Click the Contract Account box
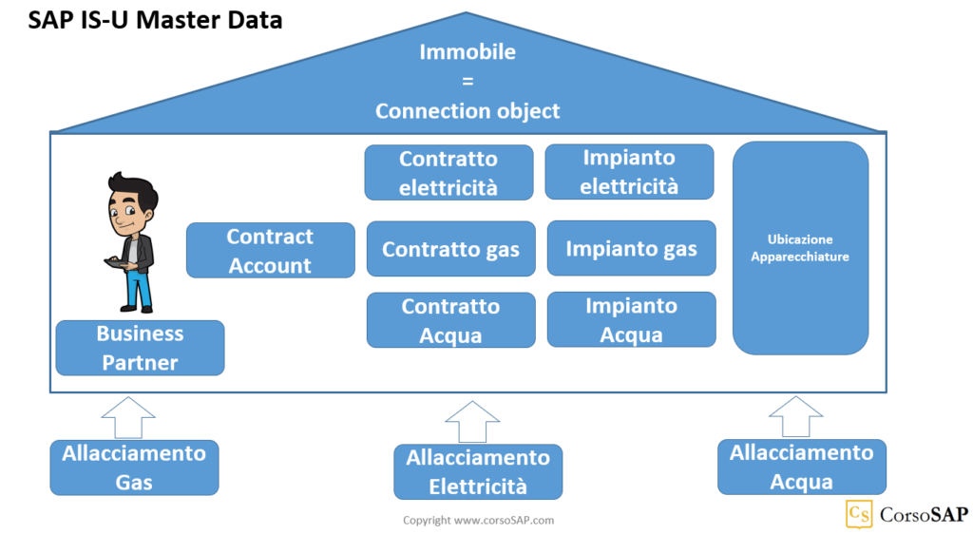click(x=270, y=251)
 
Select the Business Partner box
click(x=140, y=348)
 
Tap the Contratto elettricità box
click(x=448, y=173)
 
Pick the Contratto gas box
click(x=450, y=249)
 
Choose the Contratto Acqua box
click(x=450, y=320)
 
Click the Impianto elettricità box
click(x=628, y=172)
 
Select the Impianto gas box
click(x=631, y=249)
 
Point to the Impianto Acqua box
click(x=631, y=320)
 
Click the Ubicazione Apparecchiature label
click(x=800, y=248)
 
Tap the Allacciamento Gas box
click(x=134, y=467)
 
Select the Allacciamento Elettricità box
click(x=478, y=472)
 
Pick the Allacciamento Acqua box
click(x=801, y=467)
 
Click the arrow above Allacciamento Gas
click(x=127, y=416)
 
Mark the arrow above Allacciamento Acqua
click(x=795, y=416)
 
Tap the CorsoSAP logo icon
click(x=859, y=514)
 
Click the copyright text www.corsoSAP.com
click(x=478, y=520)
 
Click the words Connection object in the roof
click(x=467, y=111)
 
